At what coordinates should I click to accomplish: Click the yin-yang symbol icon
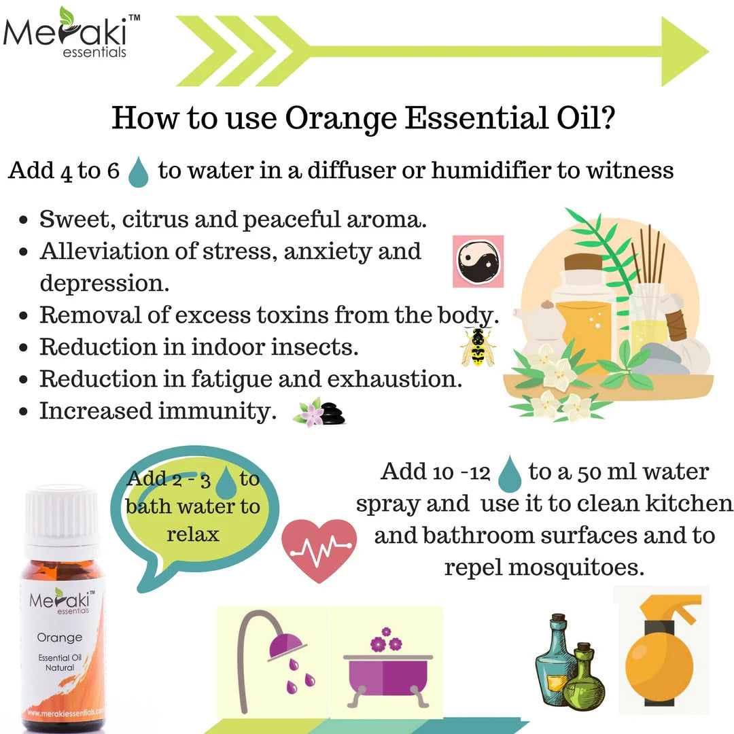pos(478,262)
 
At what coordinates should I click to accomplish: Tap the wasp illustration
pos(478,347)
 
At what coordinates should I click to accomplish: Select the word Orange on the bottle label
pos(60,637)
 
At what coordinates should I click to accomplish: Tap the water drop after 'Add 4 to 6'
pos(139,171)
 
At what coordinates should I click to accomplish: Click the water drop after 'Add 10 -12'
pos(509,474)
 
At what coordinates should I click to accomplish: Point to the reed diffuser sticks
pos(651,255)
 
